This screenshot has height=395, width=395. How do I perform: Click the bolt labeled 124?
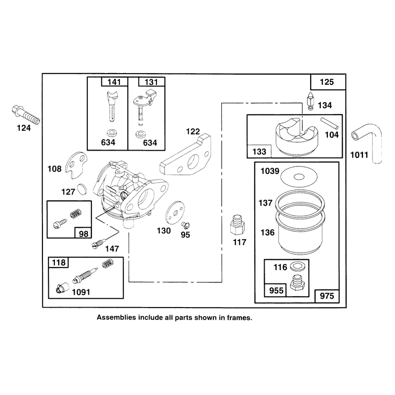26,115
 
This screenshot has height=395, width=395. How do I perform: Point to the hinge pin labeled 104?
329,123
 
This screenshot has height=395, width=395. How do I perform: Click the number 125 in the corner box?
327,82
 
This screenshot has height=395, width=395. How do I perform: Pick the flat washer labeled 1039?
299,176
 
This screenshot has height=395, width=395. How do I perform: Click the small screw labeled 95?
186,225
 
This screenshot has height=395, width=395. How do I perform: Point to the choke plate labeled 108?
77,165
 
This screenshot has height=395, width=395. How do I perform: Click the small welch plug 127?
82,190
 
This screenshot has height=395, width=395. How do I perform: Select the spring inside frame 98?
76,214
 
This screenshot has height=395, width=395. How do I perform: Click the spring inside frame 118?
108,263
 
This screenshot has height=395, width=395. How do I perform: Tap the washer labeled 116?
297,266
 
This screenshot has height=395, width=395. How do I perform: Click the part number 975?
327,296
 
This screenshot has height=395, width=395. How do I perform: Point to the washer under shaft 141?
112,133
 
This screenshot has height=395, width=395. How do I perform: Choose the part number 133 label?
259,152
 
